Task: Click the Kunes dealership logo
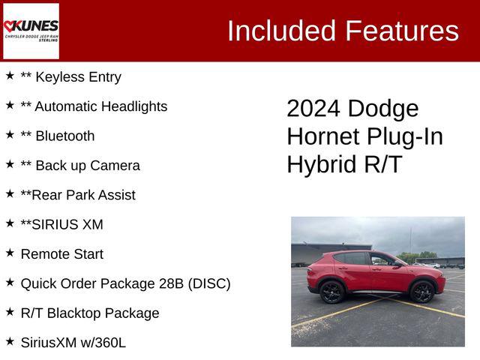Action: (x=31, y=30)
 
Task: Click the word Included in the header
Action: (x=280, y=31)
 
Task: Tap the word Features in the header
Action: (x=401, y=31)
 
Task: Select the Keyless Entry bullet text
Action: (x=70, y=77)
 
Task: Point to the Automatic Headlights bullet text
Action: (x=94, y=106)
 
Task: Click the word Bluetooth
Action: (x=65, y=136)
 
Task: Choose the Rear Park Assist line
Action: (x=78, y=195)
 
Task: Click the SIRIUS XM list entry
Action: (x=61, y=225)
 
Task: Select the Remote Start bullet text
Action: (x=61, y=254)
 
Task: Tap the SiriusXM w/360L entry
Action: (x=73, y=343)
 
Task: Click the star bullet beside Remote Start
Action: (x=10, y=253)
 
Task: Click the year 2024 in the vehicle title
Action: (x=314, y=109)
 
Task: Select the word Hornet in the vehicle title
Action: (x=323, y=136)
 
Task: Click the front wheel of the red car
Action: (x=421, y=292)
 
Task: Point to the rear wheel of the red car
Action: (x=332, y=292)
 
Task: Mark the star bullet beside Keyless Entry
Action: (x=10, y=76)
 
